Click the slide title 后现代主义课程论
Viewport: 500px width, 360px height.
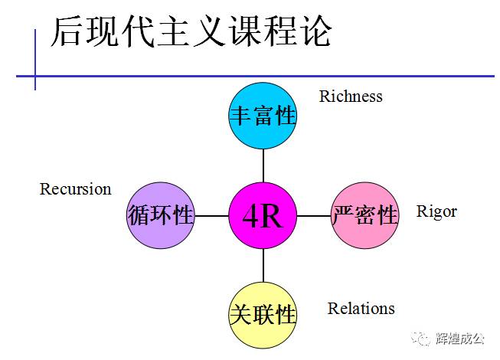click(x=191, y=32)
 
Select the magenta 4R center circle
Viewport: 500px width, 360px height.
click(x=263, y=216)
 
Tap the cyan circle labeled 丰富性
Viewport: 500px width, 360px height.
click(x=263, y=116)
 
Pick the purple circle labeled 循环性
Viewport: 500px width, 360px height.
click(x=160, y=215)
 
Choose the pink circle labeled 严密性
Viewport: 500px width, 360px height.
click(x=365, y=215)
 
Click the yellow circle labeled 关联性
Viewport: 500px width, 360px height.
click(x=263, y=314)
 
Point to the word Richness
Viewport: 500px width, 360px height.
click(x=350, y=97)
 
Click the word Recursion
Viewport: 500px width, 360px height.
click(x=75, y=188)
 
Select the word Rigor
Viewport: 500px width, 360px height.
click(x=436, y=211)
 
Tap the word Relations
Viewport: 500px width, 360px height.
click(x=361, y=309)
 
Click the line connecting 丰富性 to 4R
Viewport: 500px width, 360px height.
click(x=263, y=166)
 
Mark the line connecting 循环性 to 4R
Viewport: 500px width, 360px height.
click(x=211, y=216)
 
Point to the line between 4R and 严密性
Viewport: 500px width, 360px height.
click(x=314, y=216)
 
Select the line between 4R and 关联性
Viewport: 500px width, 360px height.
click(x=263, y=265)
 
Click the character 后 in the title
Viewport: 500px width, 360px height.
click(x=67, y=32)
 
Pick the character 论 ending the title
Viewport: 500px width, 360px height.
click(x=315, y=32)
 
